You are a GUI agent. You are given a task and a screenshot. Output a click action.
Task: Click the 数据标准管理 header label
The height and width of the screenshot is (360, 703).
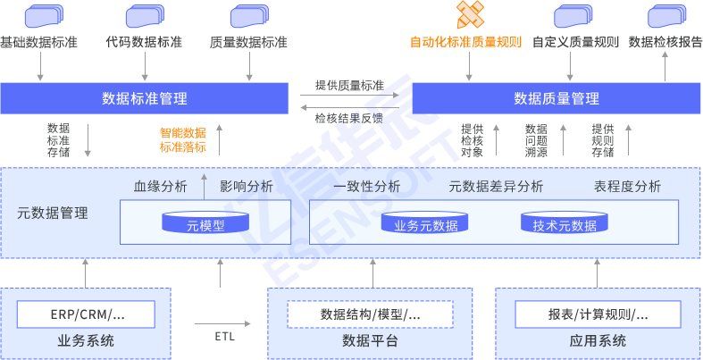[x=145, y=98]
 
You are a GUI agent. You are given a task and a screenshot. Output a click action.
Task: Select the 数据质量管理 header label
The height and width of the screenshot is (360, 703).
[x=557, y=98]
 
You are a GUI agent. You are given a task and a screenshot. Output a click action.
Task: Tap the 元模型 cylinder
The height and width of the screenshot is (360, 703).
[x=205, y=223]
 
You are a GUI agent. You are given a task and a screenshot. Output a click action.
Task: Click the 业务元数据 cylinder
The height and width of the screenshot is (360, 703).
[x=426, y=223]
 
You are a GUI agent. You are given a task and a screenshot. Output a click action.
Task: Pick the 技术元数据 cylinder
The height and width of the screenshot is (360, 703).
[x=565, y=223]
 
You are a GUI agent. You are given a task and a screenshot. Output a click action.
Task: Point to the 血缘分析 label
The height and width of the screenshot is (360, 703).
[x=161, y=187]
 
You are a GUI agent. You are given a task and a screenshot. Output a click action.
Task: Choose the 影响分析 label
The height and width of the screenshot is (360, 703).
[x=247, y=187]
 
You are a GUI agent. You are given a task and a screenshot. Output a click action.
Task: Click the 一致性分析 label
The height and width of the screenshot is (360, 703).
[x=366, y=187]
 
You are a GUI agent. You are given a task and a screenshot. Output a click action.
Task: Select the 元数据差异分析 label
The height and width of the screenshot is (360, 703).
[x=496, y=187]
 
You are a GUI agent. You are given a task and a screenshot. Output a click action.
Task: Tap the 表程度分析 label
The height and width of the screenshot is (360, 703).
[x=627, y=187]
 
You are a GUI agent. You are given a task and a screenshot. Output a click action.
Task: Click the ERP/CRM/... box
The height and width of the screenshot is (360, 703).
[x=87, y=314]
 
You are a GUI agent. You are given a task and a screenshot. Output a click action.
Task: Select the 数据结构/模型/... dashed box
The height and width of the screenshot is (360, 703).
[x=370, y=314]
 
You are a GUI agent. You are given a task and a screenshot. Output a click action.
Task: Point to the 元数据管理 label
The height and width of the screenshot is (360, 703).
[x=53, y=213]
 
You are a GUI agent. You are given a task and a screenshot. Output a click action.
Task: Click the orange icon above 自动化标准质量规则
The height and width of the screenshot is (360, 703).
[x=471, y=14]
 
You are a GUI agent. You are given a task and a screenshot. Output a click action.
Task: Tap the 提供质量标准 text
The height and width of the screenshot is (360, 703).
[x=349, y=86]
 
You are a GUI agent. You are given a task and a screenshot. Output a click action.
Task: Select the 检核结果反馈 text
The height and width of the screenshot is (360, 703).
[x=349, y=118]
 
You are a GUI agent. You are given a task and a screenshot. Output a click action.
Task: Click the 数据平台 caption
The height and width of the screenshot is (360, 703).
[x=370, y=340]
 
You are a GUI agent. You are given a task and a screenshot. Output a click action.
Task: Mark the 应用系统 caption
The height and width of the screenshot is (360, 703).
[x=598, y=340]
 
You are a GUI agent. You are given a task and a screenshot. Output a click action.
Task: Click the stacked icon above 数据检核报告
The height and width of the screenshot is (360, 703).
[x=665, y=16]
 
